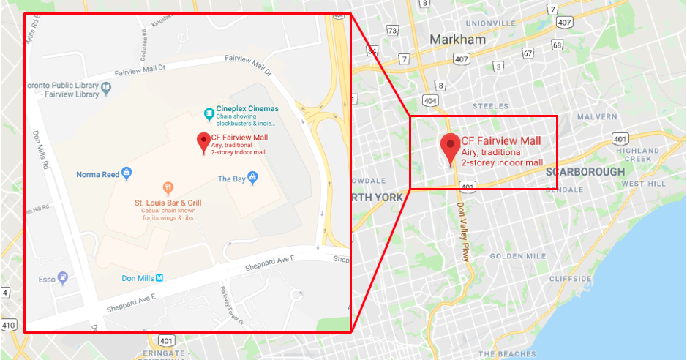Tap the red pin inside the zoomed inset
pyautogui.click(x=204, y=142)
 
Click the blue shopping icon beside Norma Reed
pyautogui.click(x=127, y=174)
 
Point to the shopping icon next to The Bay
pyautogui.click(x=253, y=177)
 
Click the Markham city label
pyautogui.click(x=457, y=40)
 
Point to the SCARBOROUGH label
pyautogui.click(x=585, y=172)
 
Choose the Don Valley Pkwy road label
pyautogui.click(x=462, y=232)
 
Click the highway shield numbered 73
pyautogui.click(x=393, y=31)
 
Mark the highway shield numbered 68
pyautogui.click(x=558, y=45)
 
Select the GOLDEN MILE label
pyautogui.click(x=517, y=256)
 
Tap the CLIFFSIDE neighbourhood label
pyautogui.click(x=571, y=279)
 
